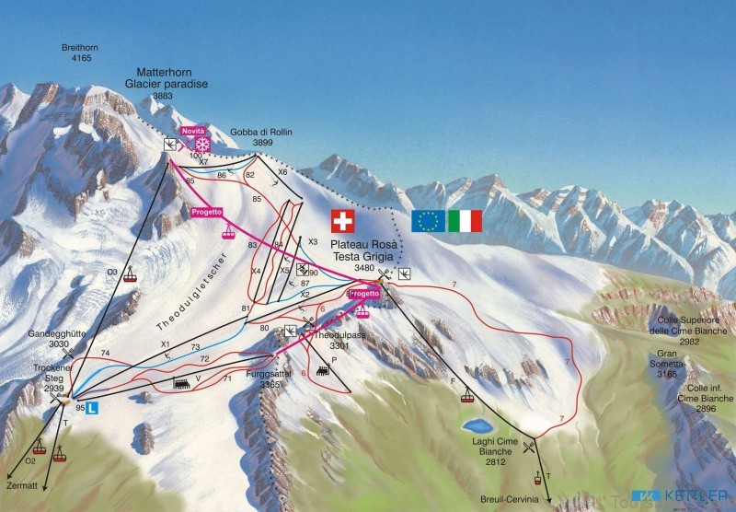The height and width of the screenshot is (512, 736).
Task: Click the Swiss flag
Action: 342,220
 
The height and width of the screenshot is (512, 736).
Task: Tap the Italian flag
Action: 465,220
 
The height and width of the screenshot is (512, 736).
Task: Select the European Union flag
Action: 427,220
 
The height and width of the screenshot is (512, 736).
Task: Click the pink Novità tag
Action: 192,133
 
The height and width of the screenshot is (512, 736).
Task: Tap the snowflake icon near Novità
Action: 203,145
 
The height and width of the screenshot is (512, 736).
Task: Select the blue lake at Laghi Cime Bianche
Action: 477,425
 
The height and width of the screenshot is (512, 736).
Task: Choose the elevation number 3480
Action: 364,268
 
